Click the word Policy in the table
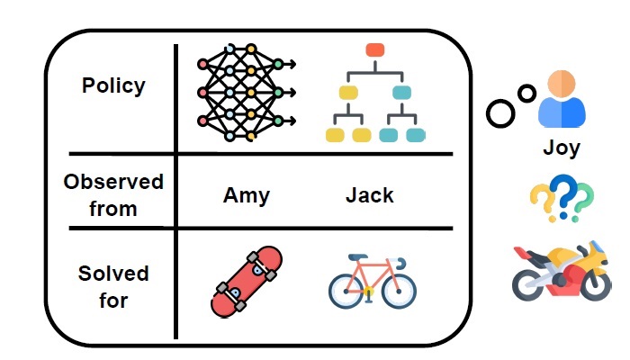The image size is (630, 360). (112, 86)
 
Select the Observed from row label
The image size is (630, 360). (112, 194)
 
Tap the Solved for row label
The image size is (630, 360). (113, 285)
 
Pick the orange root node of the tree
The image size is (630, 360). (375, 49)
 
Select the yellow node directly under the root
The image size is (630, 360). (348, 92)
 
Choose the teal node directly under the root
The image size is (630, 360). (402, 92)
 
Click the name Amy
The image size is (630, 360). (247, 195)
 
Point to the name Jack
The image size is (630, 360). (369, 195)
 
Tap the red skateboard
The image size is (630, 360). (246, 282)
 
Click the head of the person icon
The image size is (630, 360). (562, 85)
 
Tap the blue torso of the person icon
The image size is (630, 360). (562, 113)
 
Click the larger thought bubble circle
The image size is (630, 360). (500, 112)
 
